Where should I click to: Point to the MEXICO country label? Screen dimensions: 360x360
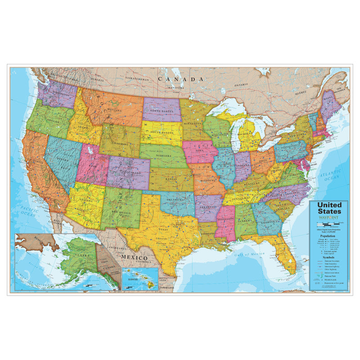(133, 257)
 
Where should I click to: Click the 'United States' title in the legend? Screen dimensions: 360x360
(329, 208)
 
